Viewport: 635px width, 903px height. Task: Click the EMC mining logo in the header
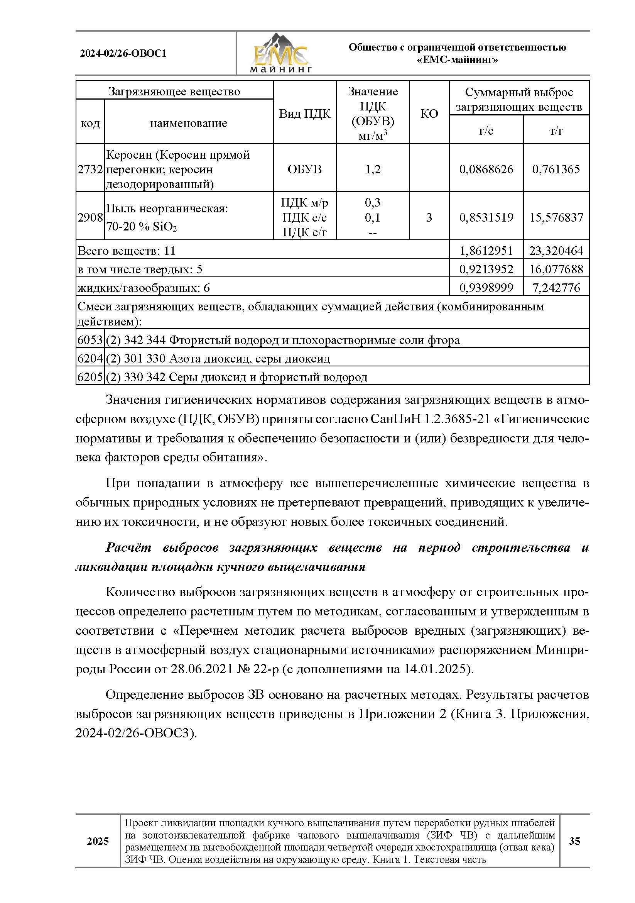(281, 54)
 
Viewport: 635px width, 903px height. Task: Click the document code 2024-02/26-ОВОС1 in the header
(123, 54)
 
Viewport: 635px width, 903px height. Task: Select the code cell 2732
(90, 169)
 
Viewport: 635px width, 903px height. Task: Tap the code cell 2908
(90, 217)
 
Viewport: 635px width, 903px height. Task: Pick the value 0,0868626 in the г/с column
(486, 169)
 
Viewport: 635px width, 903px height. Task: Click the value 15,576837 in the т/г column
(556, 217)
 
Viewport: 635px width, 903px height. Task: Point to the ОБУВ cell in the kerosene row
(304, 169)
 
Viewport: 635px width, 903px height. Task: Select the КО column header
(429, 114)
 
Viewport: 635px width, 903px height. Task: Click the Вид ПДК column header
(304, 114)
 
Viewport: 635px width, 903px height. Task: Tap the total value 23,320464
(556, 251)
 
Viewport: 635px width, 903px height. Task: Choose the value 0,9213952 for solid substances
(486, 269)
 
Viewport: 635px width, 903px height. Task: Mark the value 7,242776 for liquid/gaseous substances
(556, 288)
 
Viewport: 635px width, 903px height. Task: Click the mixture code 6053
(90, 340)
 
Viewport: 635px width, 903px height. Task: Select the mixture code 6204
(90, 358)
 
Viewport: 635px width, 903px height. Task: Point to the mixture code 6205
(90, 377)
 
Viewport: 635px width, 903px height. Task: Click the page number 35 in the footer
(574, 841)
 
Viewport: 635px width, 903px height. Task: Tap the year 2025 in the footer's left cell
(98, 841)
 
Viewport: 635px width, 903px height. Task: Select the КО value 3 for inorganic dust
(429, 217)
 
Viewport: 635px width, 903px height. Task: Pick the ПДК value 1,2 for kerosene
(373, 169)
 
